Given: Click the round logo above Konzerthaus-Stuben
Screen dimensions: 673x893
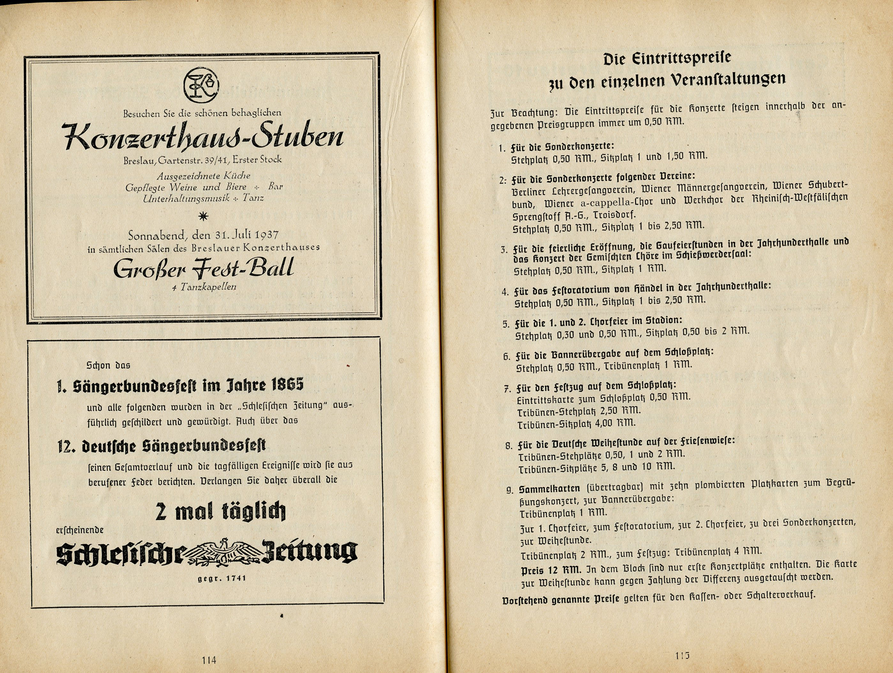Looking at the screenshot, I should (201, 85).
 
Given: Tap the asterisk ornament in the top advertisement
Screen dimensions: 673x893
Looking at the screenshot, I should (203, 216).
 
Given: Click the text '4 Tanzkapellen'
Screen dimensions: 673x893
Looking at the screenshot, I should (204, 287).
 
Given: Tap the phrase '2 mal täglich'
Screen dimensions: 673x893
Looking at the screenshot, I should (220, 511).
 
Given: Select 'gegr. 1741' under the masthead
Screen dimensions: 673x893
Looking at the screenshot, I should (222, 578).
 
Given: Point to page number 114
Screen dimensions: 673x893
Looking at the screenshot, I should (209, 660).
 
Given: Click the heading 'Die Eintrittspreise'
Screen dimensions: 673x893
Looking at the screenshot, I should (667, 59).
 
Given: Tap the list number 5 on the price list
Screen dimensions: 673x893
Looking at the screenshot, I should (506, 324).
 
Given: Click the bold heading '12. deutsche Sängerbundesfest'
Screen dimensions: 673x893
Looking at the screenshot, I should (162, 446).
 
